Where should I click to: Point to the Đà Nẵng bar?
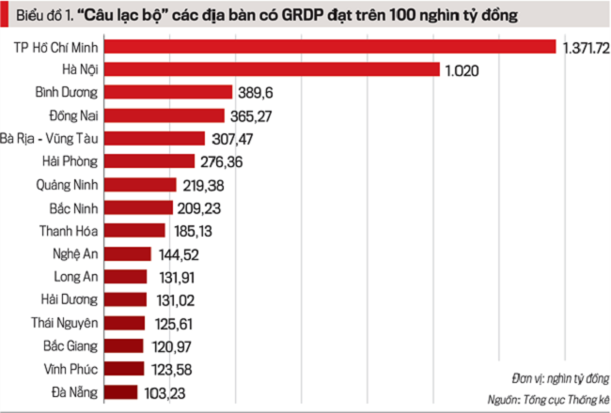tap(121, 391)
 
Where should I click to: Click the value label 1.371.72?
tap(586, 47)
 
